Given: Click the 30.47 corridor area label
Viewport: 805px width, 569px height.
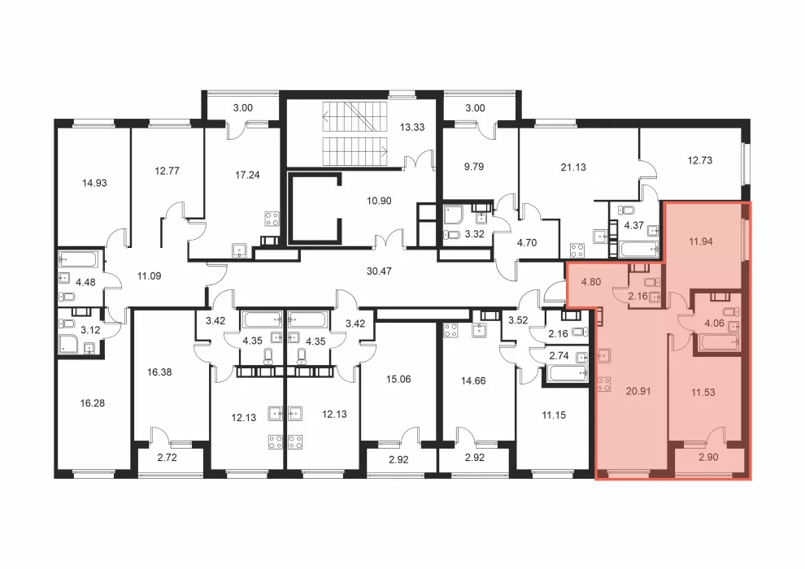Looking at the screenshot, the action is [379, 271].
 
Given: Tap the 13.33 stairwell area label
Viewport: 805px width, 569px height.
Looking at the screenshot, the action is [412, 128].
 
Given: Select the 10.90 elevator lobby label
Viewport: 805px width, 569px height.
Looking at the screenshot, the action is [379, 201].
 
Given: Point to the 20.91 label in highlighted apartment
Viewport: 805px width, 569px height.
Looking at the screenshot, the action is [638, 391].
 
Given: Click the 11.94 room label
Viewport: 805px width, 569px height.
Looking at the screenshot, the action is [700, 241].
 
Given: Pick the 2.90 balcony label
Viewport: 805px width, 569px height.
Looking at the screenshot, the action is [708, 457].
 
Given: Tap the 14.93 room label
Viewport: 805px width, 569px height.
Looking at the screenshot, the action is [94, 183].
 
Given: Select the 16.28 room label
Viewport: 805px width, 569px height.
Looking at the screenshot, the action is [93, 403].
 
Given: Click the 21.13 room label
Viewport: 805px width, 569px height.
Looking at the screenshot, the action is [573, 167].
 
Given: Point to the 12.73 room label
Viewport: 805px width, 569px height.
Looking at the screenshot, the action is [700, 160].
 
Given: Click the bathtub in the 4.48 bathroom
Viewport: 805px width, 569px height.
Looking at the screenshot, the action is [78, 259].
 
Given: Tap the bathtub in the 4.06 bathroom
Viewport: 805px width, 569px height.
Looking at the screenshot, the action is [716, 341].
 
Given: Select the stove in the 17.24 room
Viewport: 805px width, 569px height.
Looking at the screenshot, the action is [272, 219].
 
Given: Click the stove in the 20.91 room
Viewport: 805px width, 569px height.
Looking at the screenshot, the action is [604, 384].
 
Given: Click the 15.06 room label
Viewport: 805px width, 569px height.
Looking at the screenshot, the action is [398, 379].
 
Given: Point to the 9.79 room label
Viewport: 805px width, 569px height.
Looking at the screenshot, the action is [473, 167].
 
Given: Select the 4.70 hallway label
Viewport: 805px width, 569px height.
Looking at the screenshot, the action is [527, 243].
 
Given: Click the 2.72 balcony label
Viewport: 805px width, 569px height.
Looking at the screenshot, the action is [167, 457].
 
